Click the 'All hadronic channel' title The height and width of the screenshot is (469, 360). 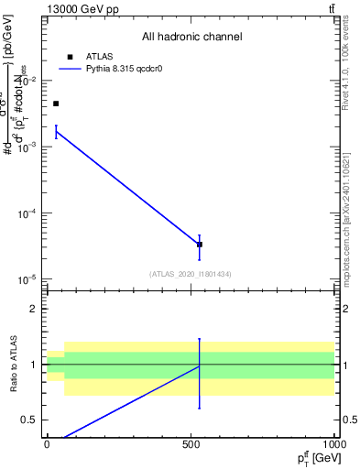tap(191, 38)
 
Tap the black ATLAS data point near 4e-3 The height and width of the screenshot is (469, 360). tap(56, 104)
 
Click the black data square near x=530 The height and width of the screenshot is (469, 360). tap(200, 245)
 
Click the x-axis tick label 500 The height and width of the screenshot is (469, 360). tap(191, 445)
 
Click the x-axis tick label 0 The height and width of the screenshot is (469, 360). tap(47, 445)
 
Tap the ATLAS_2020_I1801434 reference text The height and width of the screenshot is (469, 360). tap(191, 274)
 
